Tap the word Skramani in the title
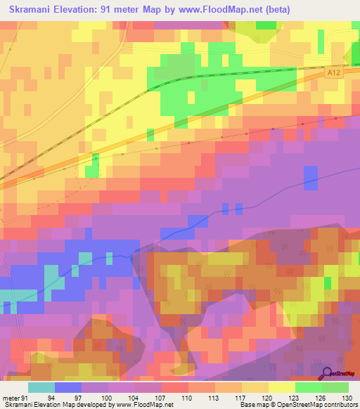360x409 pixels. (x=34, y=10)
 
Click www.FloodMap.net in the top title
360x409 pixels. (x=210, y=10)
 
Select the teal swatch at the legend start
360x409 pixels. (x=41, y=387)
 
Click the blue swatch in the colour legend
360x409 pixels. (x=68, y=387)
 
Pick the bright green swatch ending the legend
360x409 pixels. (x=335, y=387)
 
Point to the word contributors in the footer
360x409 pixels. (x=337, y=405)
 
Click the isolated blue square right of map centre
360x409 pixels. (x=310, y=178)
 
